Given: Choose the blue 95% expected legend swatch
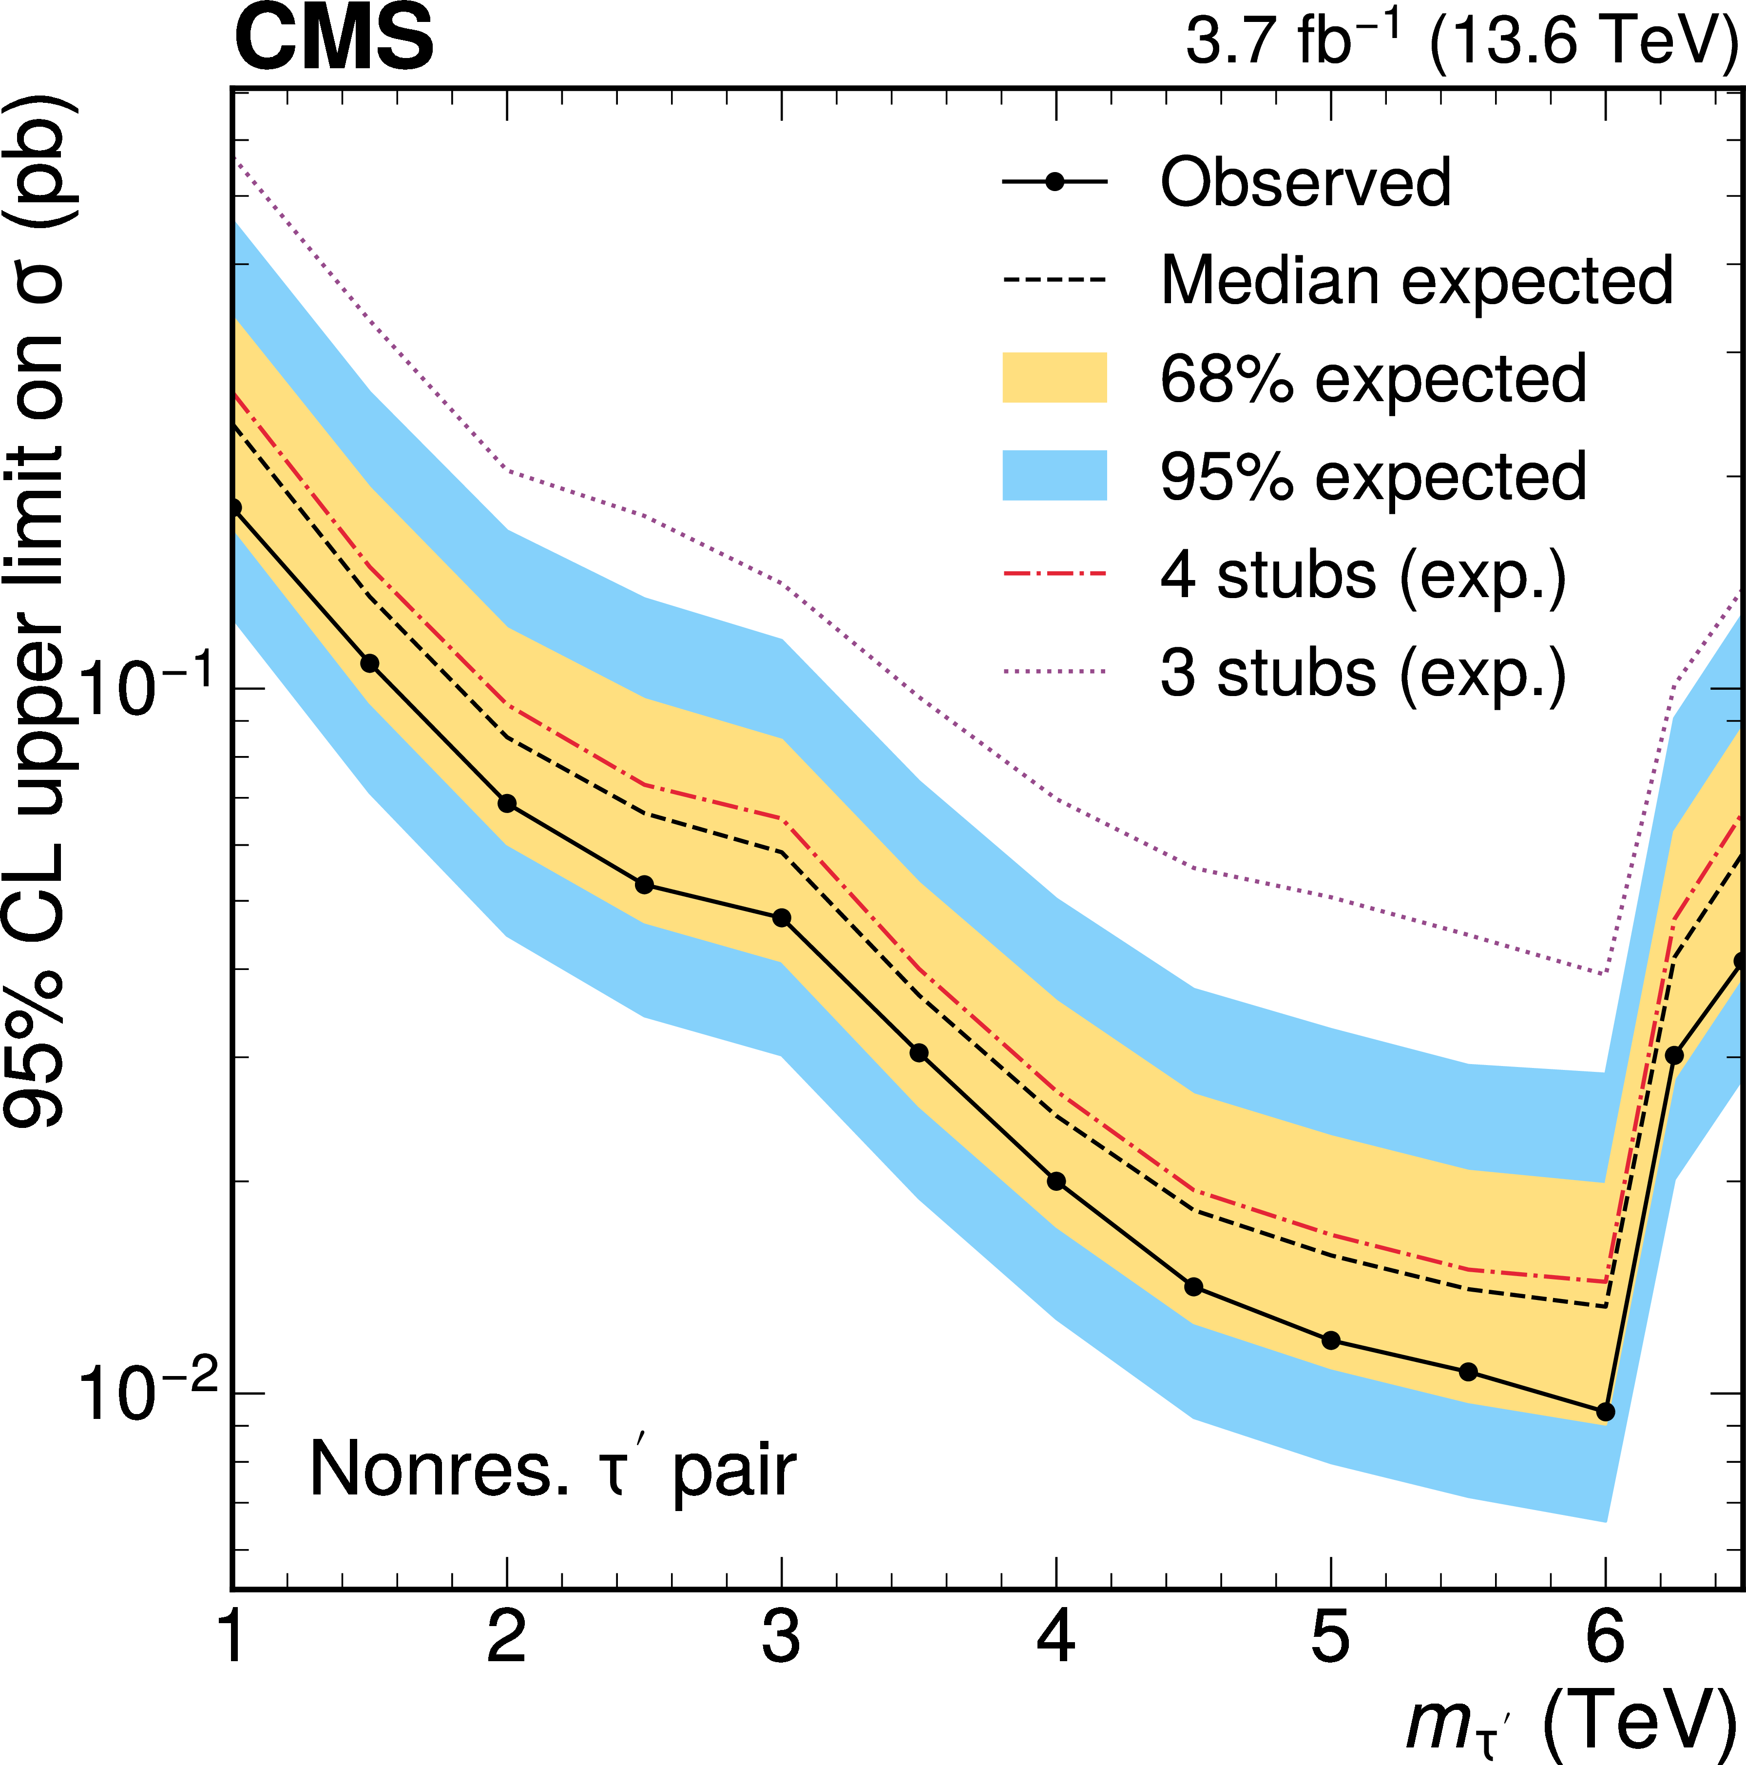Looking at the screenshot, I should click(x=1055, y=475).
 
